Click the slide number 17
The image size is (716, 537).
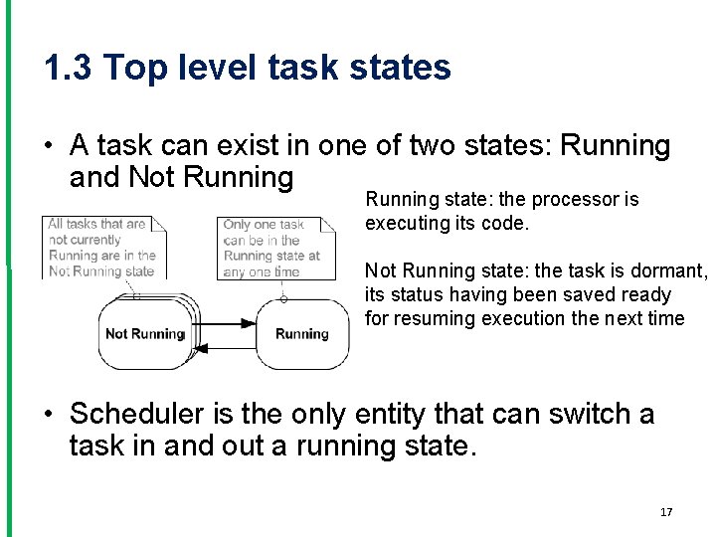tap(666, 512)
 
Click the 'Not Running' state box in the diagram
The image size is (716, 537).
tap(145, 333)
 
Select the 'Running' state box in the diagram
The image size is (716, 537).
tap(302, 334)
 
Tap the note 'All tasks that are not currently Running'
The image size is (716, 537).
tap(102, 247)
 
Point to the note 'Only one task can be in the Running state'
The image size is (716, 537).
tap(270, 248)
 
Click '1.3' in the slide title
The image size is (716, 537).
tap(69, 68)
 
